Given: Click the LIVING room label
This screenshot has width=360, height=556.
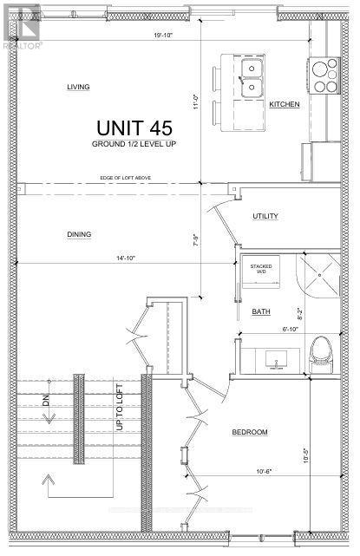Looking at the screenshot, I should pyautogui.click(x=79, y=88).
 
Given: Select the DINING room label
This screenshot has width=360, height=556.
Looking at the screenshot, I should pyautogui.click(x=79, y=234).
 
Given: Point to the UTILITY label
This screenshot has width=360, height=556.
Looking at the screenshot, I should pyautogui.click(x=265, y=216).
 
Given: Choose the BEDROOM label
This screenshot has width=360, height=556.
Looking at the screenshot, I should pyautogui.click(x=248, y=432).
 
